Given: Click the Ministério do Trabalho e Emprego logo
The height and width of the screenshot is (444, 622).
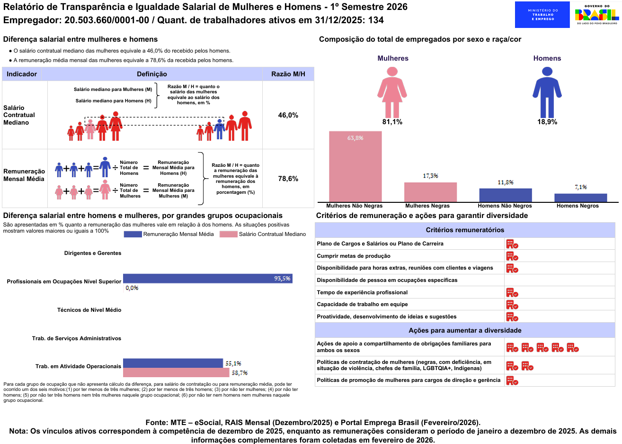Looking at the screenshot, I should tap(542, 15).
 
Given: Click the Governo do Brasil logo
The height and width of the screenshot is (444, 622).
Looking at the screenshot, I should tap(596, 15).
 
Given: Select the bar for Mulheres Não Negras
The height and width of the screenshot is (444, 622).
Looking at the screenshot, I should tap(355, 166).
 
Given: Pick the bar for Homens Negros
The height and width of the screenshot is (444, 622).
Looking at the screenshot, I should tap(580, 198).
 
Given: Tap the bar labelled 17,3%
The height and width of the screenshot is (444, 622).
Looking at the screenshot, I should tap(430, 192).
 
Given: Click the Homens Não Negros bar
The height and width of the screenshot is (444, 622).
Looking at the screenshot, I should tap(505, 195).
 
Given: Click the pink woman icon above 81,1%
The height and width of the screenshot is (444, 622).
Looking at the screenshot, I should tap(392, 92).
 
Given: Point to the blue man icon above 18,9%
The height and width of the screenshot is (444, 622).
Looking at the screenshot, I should tap(547, 92).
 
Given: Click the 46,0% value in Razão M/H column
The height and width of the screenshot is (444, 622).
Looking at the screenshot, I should tap(288, 115).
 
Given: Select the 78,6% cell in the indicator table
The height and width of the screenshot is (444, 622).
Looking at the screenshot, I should tap(288, 179).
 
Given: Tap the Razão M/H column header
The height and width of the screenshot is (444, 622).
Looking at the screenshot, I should tap(288, 74).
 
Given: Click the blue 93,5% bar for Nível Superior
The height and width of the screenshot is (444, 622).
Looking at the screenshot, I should tap(207, 279).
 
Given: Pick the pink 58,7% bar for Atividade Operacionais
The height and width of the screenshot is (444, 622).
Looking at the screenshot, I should tap(176, 372).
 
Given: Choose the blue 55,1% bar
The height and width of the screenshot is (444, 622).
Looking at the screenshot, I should tap(173, 363).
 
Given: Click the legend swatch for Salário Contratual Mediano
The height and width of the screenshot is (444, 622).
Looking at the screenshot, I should tap(228, 234).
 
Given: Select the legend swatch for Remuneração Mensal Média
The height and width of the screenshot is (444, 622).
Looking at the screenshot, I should tap(133, 234).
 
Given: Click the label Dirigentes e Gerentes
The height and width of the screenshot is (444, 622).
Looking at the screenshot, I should tap(93, 253).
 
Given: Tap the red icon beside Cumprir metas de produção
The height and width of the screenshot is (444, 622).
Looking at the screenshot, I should tap(512, 256).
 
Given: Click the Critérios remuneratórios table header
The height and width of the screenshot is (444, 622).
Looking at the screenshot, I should tap(465, 230).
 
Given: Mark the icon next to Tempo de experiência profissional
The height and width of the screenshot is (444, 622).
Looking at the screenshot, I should tap(512, 292).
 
